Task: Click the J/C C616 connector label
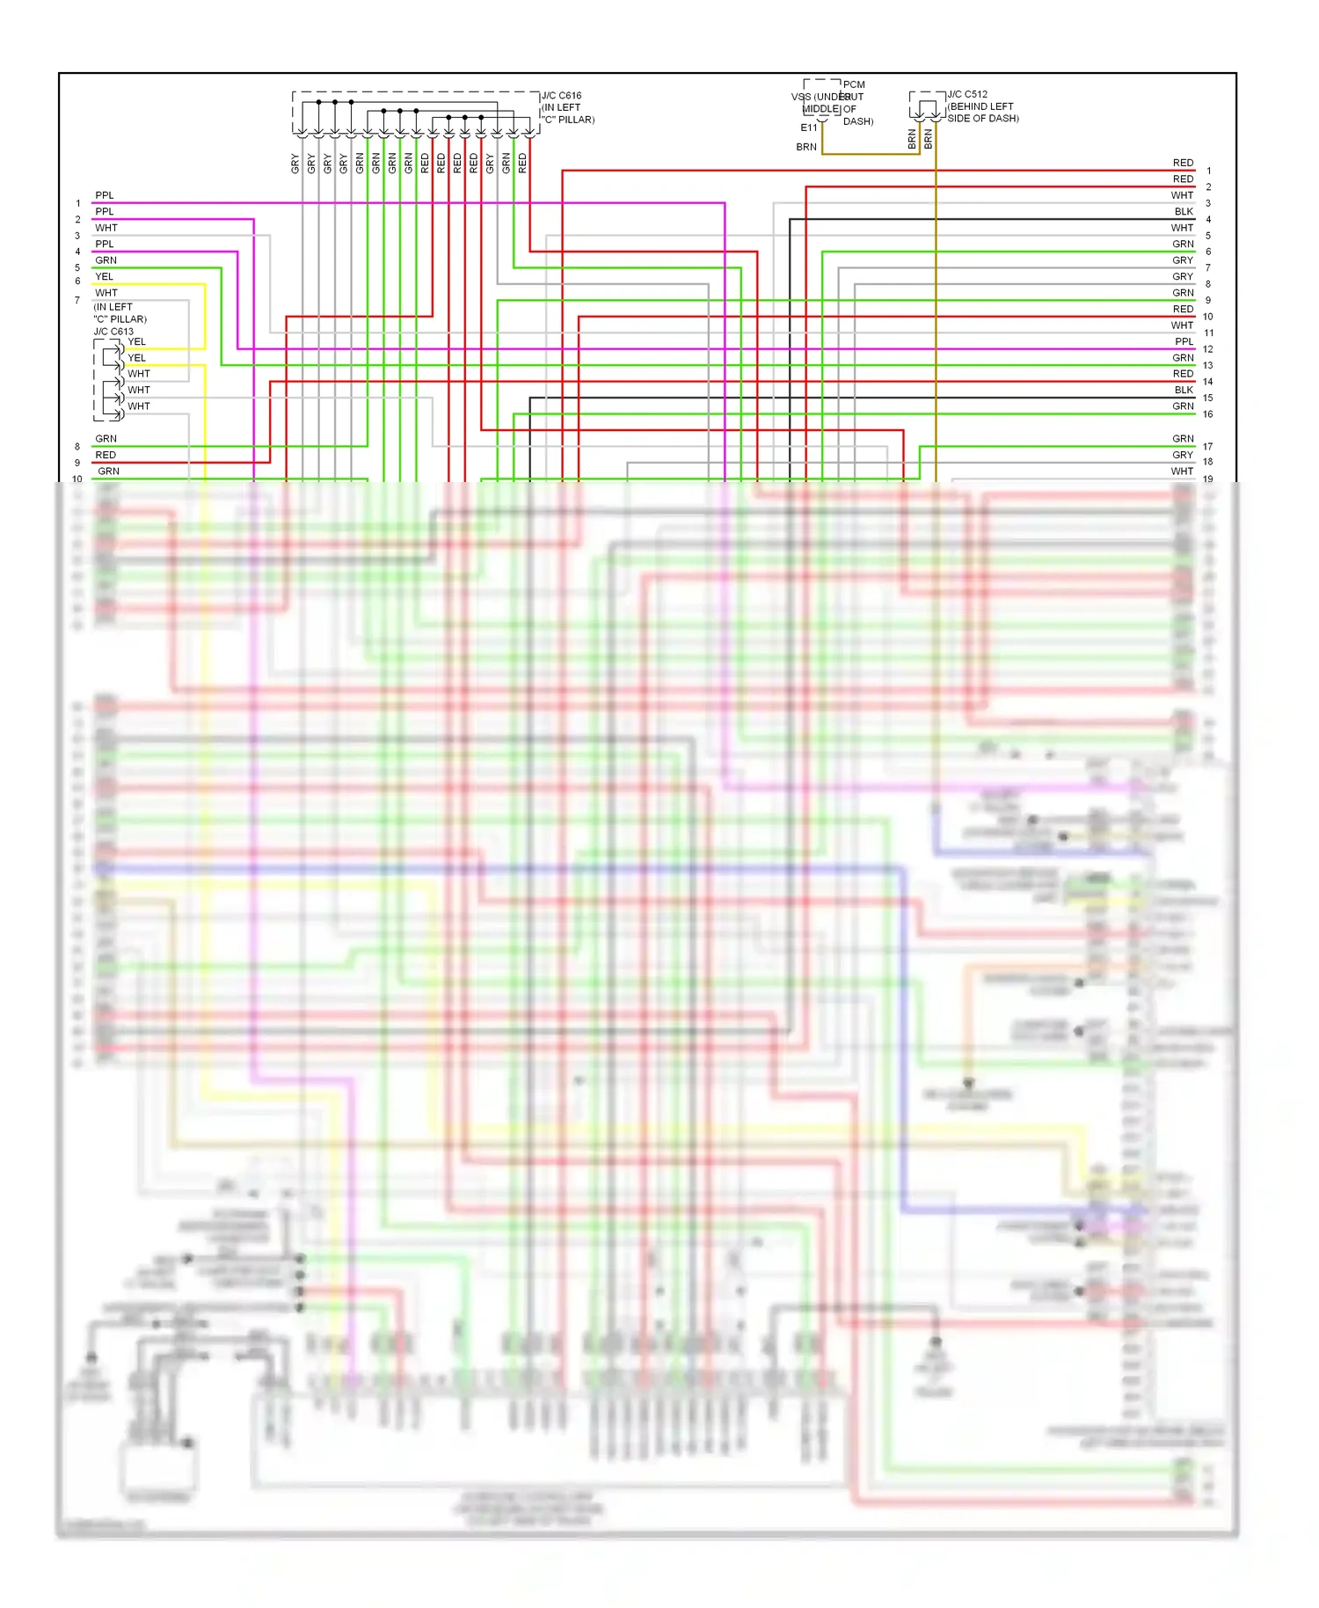tap(561, 96)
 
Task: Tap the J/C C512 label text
tap(967, 94)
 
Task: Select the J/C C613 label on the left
tap(113, 332)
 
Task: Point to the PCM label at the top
tap(854, 85)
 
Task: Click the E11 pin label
tap(808, 128)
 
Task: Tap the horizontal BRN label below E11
tap(806, 148)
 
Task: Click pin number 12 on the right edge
tap(1207, 349)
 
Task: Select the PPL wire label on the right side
tap(1184, 341)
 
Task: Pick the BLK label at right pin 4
tap(1184, 212)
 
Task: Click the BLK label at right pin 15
tap(1184, 390)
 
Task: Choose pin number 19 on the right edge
tap(1207, 479)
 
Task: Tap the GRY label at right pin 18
tap(1183, 455)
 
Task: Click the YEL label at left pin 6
tap(104, 276)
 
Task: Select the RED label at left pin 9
tap(106, 455)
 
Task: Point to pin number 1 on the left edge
tap(77, 203)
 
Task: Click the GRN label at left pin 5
tap(106, 260)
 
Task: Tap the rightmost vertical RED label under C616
tap(522, 163)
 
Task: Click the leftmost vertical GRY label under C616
tap(295, 163)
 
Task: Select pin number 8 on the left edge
tap(77, 447)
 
